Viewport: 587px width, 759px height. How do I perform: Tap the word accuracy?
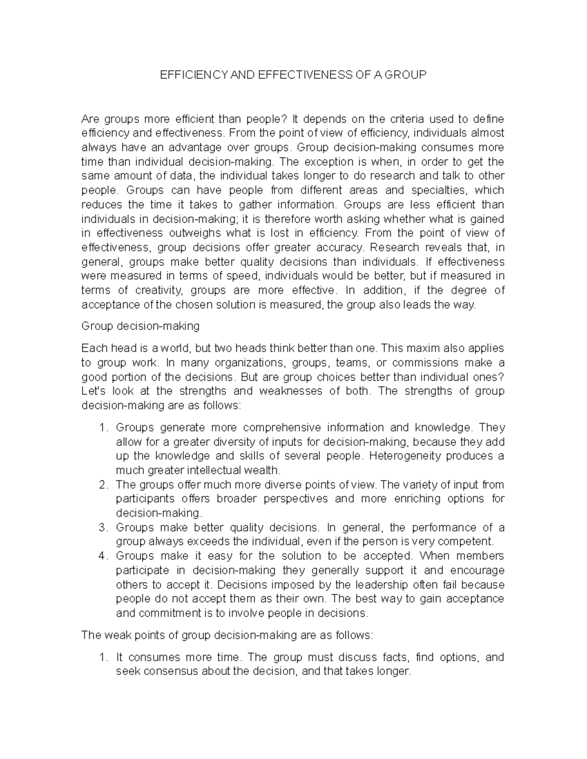(338, 247)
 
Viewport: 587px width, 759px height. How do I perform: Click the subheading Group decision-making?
(140, 326)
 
